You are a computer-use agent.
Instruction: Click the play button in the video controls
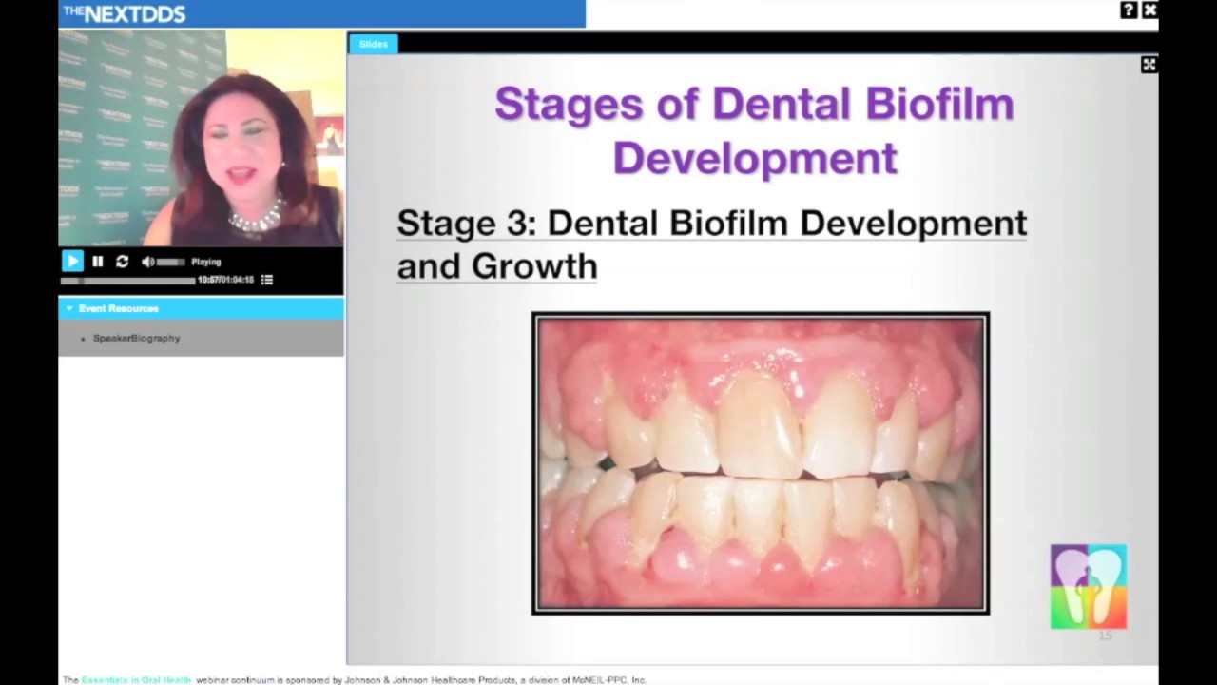(x=72, y=261)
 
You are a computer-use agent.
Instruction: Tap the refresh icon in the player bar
(x=122, y=262)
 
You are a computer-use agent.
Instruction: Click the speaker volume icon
(x=148, y=262)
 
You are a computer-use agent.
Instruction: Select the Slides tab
(x=373, y=44)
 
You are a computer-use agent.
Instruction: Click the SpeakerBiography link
(x=136, y=339)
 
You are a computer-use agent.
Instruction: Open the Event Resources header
(x=118, y=308)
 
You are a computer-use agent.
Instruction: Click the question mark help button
(x=1129, y=10)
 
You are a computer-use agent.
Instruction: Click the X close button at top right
(x=1149, y=10)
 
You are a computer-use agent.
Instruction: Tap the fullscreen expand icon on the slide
(x=1149, y=65)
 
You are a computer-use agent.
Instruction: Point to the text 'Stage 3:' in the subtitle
(x=466, y=223)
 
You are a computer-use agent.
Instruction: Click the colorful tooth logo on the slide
(x=1088, y=586)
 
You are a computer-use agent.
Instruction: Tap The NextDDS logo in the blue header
(x=125, y=13)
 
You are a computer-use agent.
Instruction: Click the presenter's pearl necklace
(x=256, y=218)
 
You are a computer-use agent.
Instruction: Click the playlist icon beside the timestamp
(x=267, y=280)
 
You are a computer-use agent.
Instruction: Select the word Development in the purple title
(x=755, y=157)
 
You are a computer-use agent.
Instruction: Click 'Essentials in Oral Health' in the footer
(x=136, y=680)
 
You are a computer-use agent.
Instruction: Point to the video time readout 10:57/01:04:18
(x=225, y=280)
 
